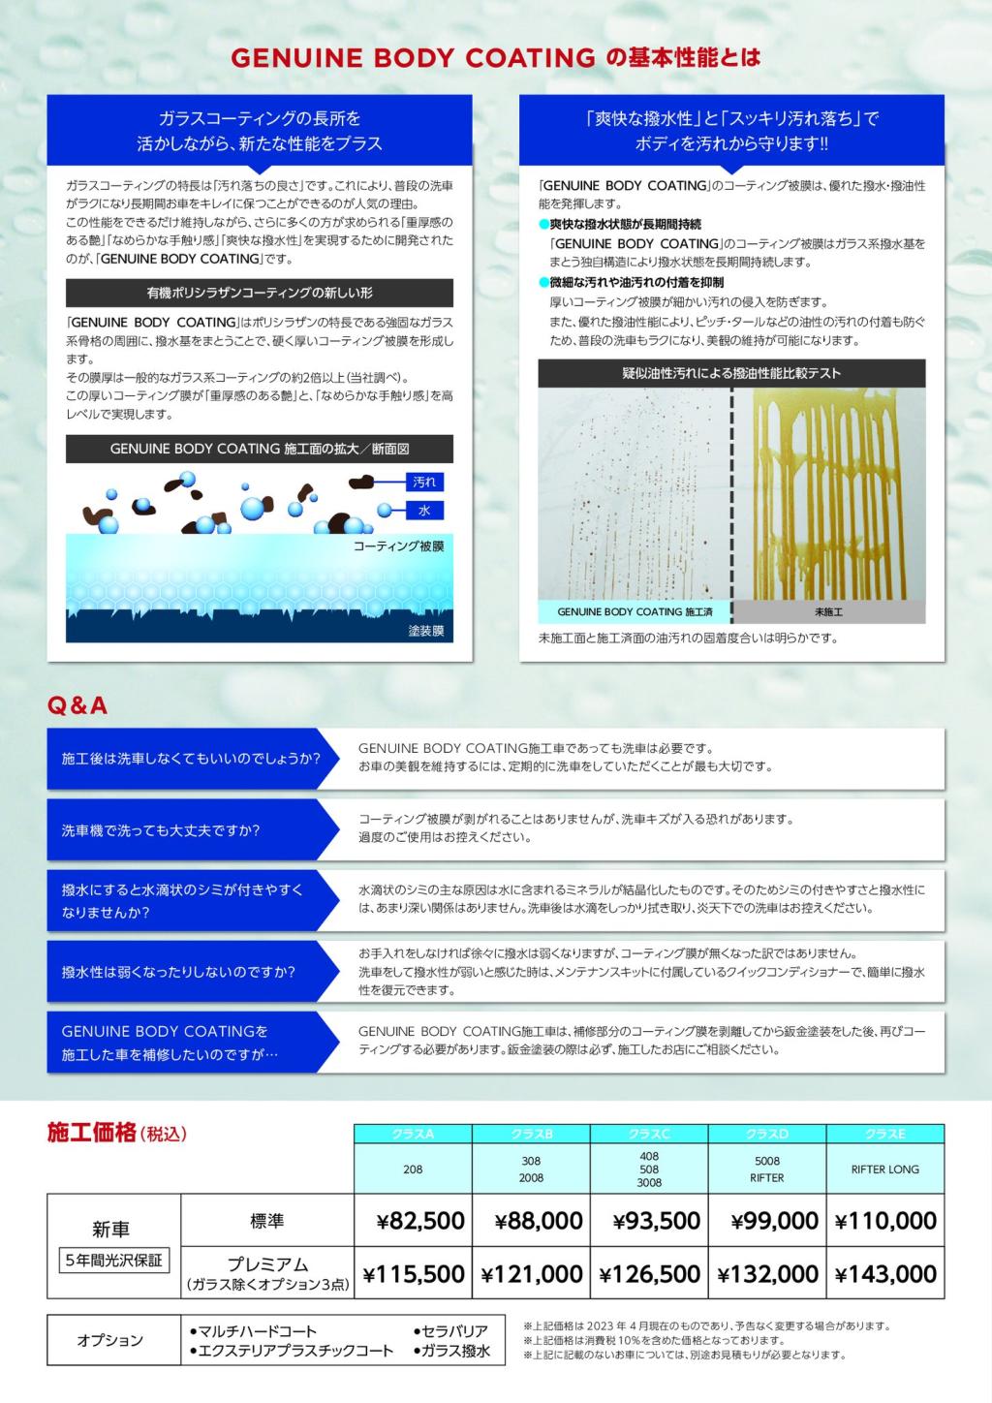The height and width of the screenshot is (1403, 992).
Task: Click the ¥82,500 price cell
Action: tap(420, 1221)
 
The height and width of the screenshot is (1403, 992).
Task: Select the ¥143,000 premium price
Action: tap(885, 1274)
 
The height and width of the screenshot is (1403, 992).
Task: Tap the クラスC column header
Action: tap(649, 1134)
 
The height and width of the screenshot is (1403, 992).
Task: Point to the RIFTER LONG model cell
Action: tap(885, 1169)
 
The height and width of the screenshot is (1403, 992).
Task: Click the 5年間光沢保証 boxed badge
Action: tap(112, 1261)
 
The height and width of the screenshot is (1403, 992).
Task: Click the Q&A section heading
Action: tap(77, 706)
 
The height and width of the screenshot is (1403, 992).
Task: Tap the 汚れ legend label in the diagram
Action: tap(424, 482)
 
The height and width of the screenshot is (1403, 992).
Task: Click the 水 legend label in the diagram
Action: tap(424, 511)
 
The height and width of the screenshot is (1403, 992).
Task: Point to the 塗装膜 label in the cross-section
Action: tap(425, 631)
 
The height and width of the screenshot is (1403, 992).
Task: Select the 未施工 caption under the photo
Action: tap(828, 612)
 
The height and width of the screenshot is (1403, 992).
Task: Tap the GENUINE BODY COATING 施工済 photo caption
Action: tap(635, 612)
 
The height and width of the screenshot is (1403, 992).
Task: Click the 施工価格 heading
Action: tap(92, 1133)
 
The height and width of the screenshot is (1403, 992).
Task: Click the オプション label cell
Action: tap(110, 1340)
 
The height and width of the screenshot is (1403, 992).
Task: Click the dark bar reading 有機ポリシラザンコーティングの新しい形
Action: tap(260, 293)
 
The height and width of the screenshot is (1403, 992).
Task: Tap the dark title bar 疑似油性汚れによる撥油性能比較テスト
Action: tap(731, 373)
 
